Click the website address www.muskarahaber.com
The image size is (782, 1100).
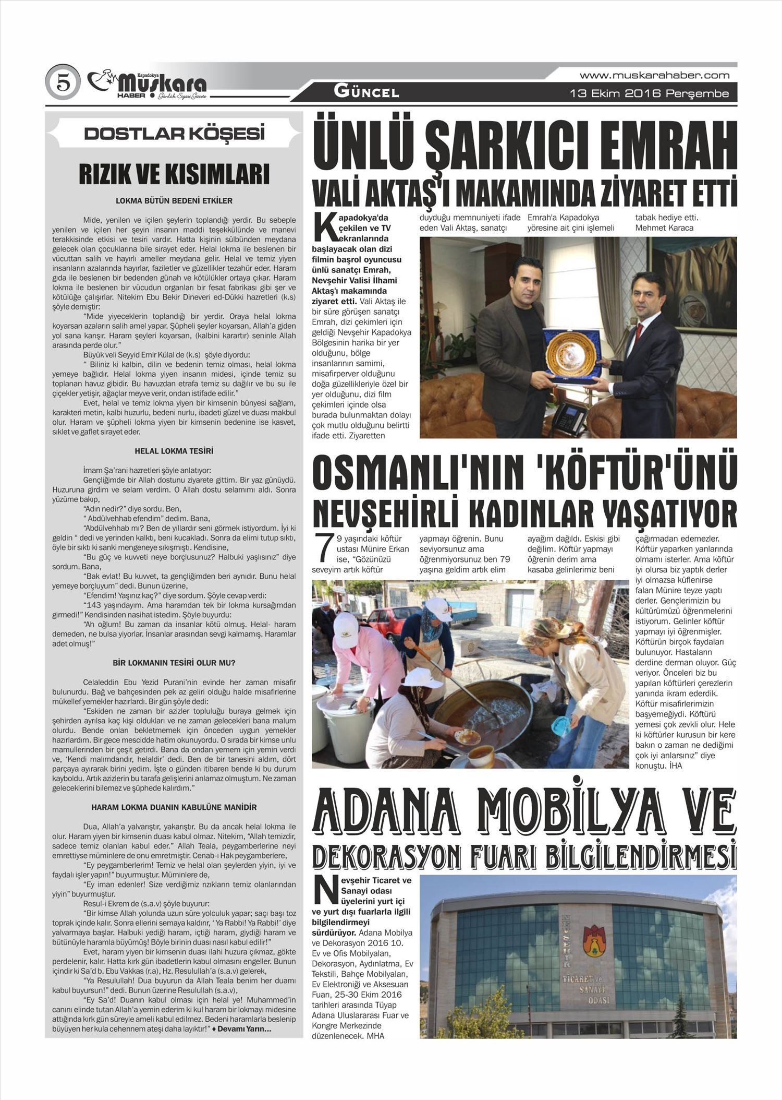click(x=654, y=76)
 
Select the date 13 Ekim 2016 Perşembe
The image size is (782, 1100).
click(x=649, y=94)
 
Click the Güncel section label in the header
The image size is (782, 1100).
click(x=366, y=93)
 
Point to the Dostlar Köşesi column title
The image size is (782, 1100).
click(x=174, y=134)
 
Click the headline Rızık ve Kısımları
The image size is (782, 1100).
click(x=174, y=174)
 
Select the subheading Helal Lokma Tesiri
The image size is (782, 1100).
click(x=174, y=451)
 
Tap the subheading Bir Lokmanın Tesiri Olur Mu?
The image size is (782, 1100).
click(x=174, y=663)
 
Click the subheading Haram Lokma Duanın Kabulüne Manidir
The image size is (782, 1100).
click(x=174, y=807)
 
